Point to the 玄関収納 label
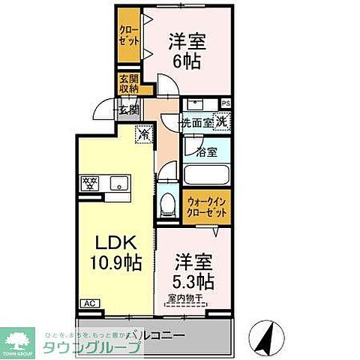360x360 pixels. pyautogui.click(x=128, y=83)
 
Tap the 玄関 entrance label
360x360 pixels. pyautogui.click(x=128, y=109)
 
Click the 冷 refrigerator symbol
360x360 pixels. pyautogui.click(x=142, y=135)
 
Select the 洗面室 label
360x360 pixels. pyautogui.click(x=196, y=122)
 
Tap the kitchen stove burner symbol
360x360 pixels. pyautogui.click(x=89, y=181)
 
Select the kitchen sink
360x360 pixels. pyautogui.click(x=118, y=182)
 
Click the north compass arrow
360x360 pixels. pyautogui.click(x=266, y=334)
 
